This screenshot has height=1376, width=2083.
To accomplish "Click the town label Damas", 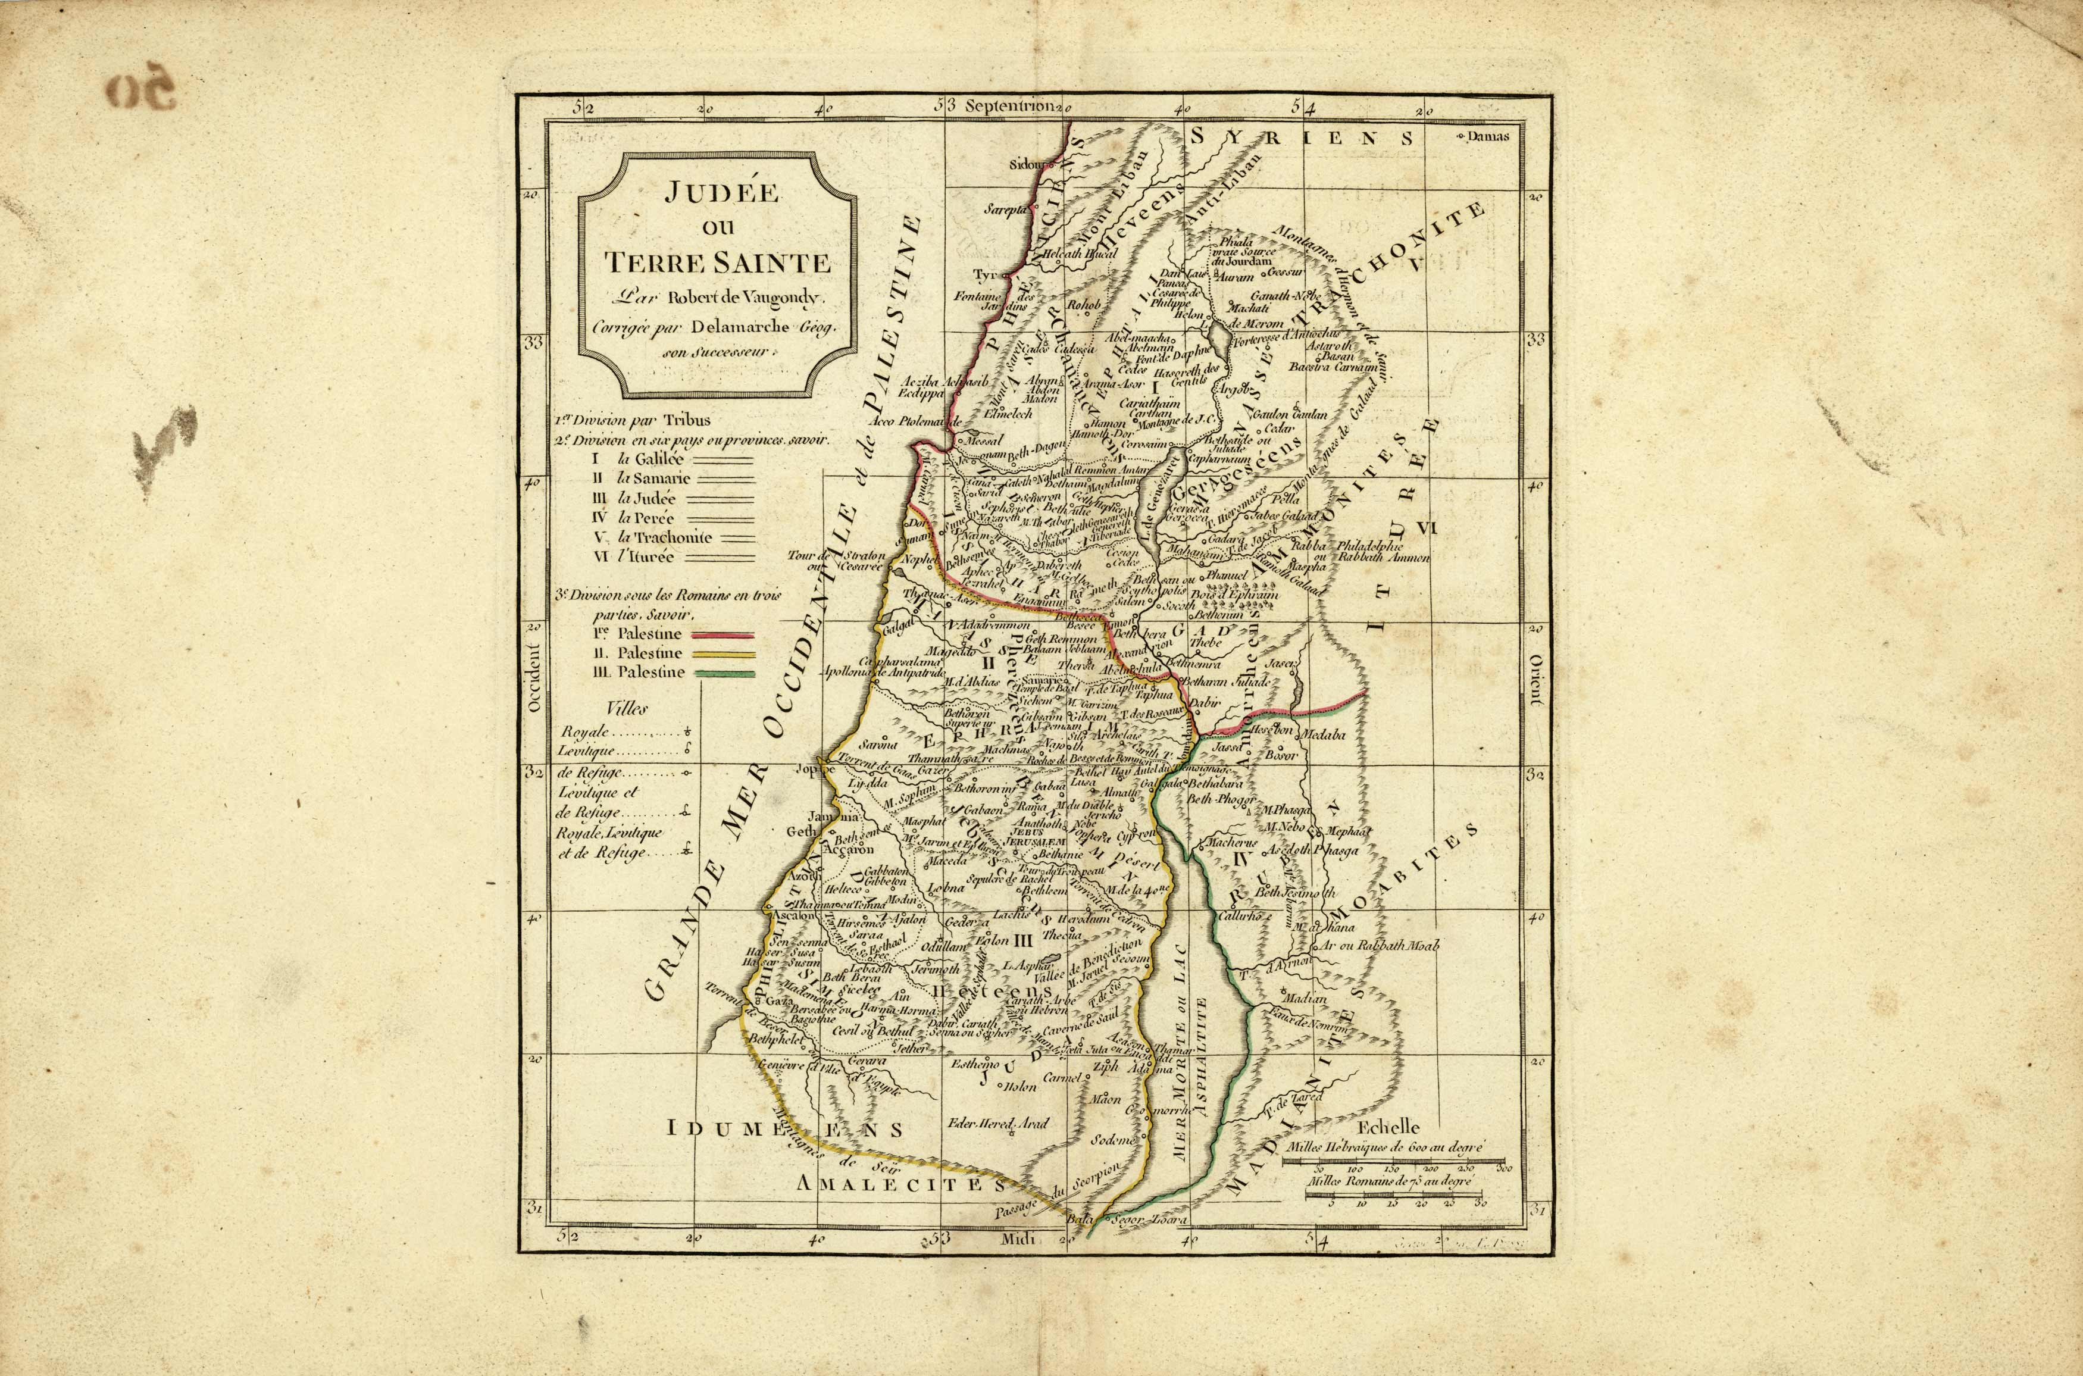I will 1489,137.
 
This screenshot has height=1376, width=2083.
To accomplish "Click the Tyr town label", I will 981,274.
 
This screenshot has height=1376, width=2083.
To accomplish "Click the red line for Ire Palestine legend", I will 723,634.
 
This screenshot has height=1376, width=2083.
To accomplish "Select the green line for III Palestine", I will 723,673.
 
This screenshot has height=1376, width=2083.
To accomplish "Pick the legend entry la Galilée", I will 650,459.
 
